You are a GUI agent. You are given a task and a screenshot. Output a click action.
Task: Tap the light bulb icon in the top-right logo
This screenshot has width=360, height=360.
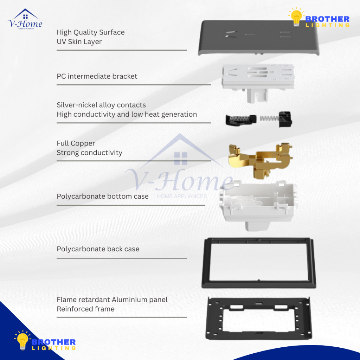point(296,17)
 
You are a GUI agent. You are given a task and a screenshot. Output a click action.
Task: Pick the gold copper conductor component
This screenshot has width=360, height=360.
point(261,160)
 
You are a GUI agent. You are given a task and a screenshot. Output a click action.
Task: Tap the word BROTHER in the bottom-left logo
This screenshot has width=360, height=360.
point(53,342)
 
